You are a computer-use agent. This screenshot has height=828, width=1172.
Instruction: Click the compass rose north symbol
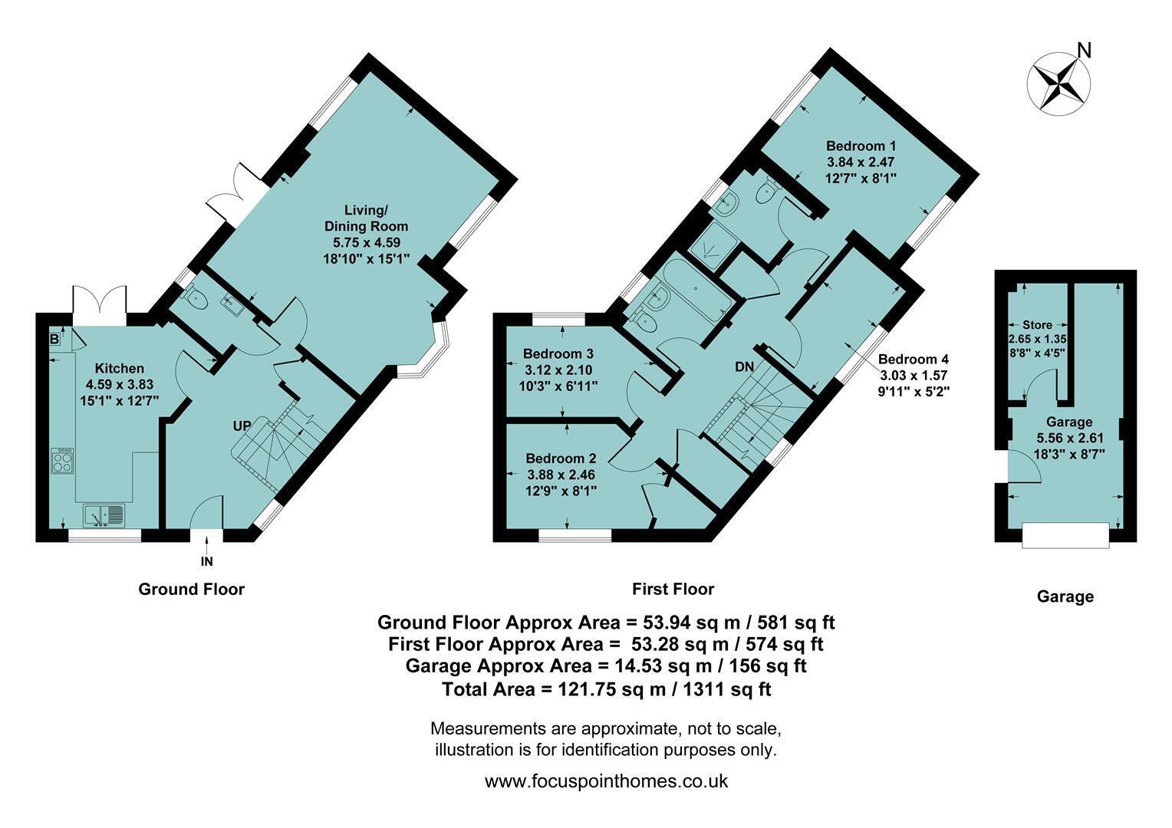point(1058,84)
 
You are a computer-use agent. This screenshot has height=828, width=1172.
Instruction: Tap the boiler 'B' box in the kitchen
point(54,339)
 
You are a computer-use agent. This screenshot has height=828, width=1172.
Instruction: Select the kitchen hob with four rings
point(62,461)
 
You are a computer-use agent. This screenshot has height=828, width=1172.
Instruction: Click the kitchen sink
point(104,515)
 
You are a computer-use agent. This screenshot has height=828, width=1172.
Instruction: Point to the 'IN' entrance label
point(206,561)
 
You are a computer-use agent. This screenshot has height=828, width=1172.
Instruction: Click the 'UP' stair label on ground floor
point(242,426)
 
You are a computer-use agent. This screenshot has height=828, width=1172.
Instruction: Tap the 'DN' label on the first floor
point(745,366)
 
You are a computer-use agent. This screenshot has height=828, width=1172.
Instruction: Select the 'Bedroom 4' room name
point(913,360)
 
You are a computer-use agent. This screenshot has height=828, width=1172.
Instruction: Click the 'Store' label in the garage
point(1037,325)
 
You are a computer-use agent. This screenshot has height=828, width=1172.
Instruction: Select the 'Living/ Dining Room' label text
point(366,218)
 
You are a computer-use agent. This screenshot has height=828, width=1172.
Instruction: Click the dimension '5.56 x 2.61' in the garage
point(1070,438)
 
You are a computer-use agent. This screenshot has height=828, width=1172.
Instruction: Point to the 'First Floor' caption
point(673,590)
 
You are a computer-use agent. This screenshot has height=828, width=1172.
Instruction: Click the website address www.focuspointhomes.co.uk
point(606,781)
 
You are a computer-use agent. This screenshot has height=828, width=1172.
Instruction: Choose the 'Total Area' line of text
point(607,689)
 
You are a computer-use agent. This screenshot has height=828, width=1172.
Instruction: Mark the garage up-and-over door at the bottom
point(1065,535)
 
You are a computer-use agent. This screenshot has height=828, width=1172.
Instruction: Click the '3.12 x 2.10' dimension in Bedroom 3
point(558,370)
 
